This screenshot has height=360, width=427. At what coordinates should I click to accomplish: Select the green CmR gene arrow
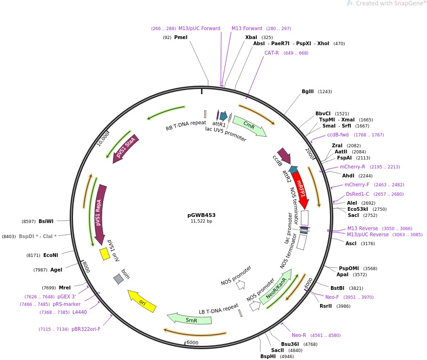[249, 126]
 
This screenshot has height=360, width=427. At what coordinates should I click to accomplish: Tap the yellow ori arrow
[142, 301]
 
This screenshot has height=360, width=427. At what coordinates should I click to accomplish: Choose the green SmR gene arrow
[190, 320]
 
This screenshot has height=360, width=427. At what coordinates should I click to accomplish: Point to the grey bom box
[119, 279]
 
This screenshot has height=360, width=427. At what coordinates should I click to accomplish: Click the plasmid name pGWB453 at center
[201, 215]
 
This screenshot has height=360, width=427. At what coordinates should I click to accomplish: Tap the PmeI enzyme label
[181, 37]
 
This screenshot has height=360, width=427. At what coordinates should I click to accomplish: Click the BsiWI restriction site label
[46, 221]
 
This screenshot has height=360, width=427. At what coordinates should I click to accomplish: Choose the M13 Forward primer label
[247, 28]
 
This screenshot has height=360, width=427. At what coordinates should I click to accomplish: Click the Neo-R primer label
[299, 335]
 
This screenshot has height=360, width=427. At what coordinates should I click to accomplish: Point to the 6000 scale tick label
[193, 343]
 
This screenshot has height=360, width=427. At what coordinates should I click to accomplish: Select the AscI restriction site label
[351, 243]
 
